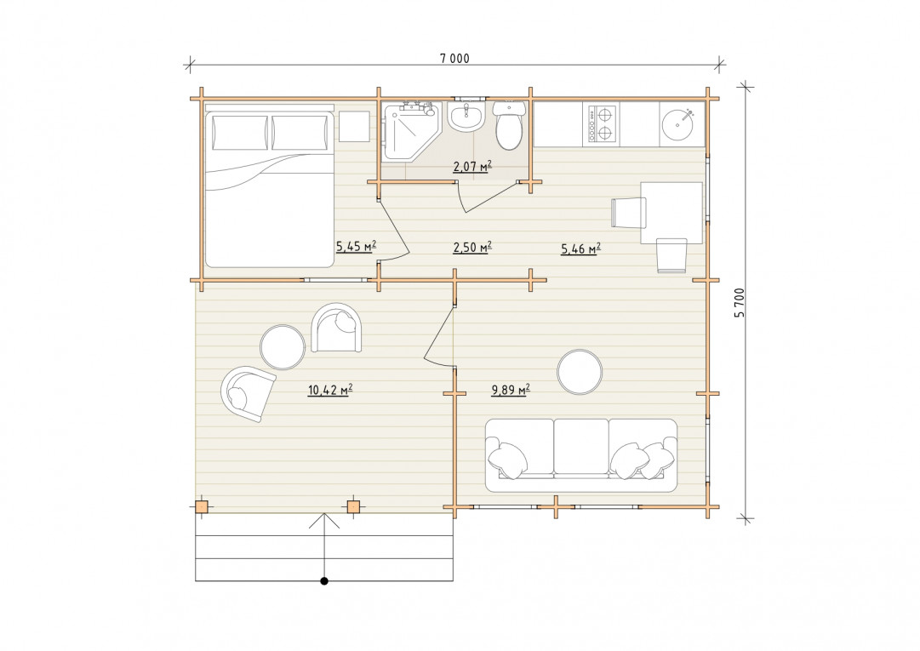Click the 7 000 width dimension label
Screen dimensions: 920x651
[x=454, y=58]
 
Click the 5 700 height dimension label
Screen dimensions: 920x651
[x=740, y=303]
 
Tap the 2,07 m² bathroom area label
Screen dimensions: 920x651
[x=471, y=167]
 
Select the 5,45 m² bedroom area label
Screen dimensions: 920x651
[x=356, y=246]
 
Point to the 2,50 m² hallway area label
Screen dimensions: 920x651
[x=471, y=248]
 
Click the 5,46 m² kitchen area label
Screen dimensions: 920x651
[x=580, y=248]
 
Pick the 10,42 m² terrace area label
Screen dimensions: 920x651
[x=329, y=390]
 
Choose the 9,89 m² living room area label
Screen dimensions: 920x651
[x=511, y=390]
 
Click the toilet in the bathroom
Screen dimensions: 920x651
[x=508, y=124]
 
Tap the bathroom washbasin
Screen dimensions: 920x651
[x=466, y=115]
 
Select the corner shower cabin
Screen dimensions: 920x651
[x=411, y=131]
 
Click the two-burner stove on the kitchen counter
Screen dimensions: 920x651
[x=600, y=124]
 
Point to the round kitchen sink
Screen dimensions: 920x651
[x=681, y=124]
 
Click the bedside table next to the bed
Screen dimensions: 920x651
[x=354, y=125]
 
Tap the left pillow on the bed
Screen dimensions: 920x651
[x=240, y=133]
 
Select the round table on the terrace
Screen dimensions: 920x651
[x=283, y=347]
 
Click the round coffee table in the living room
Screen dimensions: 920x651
[x=580, y=372]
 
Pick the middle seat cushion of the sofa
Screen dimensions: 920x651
[x=581, y=447]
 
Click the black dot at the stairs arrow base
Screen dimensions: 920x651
[x=324, y=581]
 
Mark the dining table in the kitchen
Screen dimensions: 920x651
[x=671, y=212]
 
